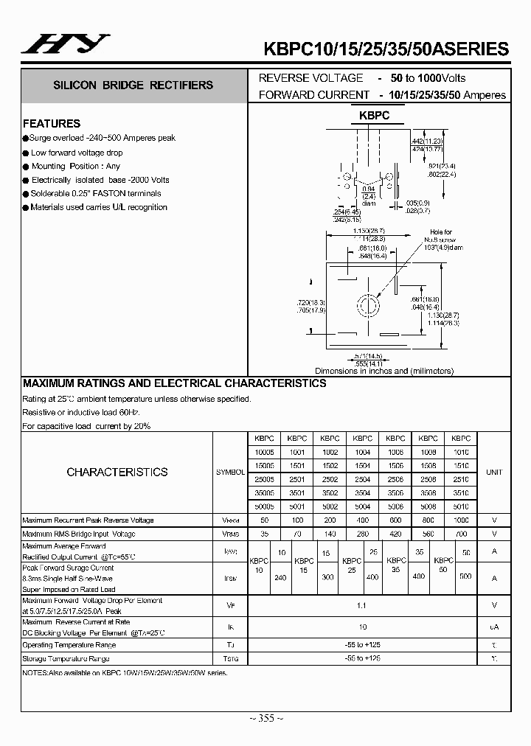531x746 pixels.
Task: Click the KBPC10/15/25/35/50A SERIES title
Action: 386,49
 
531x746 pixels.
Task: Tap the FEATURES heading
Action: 52,123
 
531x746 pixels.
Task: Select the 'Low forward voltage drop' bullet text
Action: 77,153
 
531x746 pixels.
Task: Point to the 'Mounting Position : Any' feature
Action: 75,167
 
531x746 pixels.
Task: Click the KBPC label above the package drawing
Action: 374,116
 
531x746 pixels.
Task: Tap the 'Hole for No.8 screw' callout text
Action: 441,236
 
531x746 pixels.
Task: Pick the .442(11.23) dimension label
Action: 426,142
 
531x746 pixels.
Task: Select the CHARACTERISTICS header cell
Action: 117,472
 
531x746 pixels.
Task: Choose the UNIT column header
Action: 493,472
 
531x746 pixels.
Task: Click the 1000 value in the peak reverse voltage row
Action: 460,520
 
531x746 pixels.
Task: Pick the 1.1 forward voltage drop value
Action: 361,606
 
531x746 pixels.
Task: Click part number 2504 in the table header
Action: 362,478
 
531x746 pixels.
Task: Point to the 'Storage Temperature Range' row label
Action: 66,659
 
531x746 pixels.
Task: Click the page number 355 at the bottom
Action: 265,718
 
